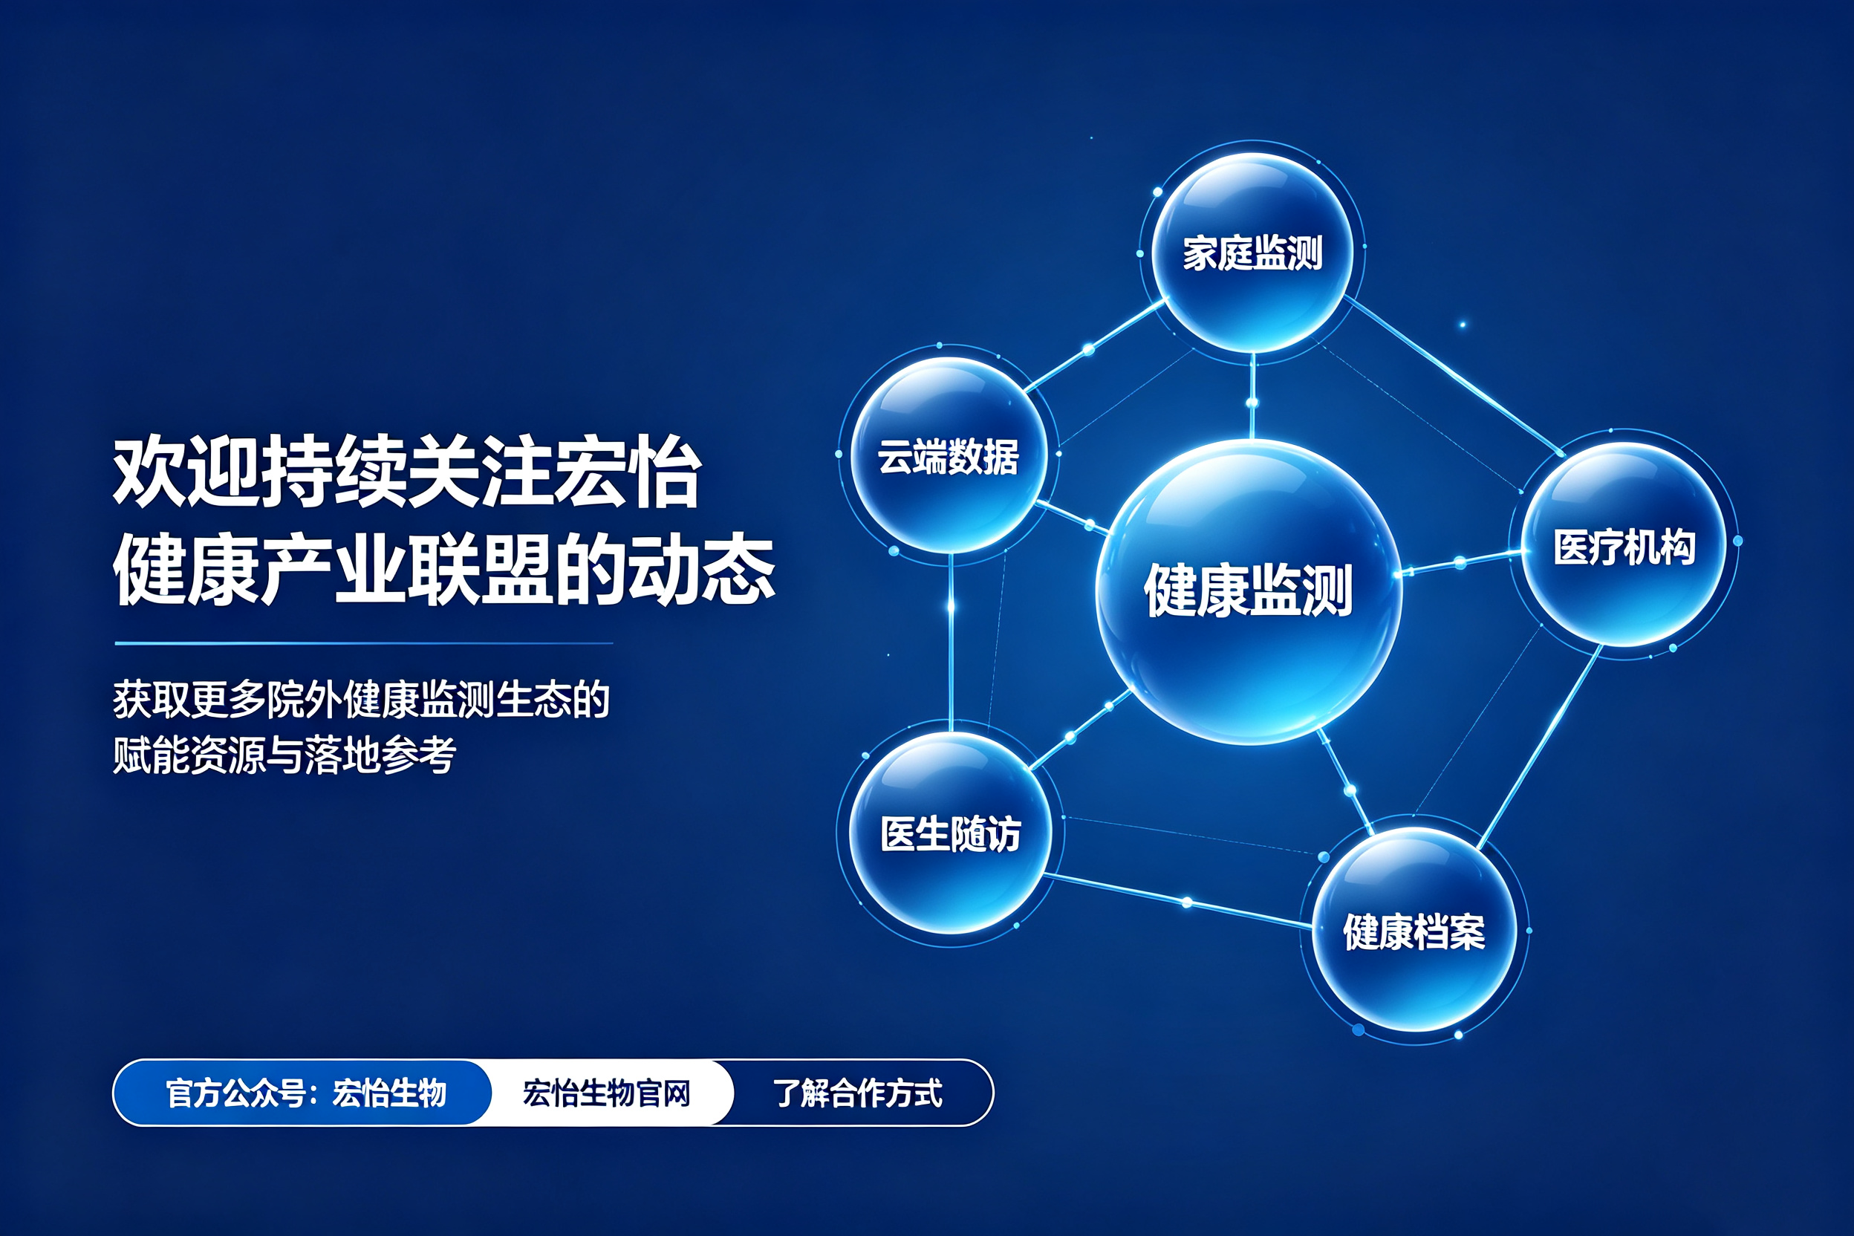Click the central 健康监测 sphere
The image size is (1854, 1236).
(1249, 591)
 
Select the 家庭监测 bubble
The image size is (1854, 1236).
(1252, 253)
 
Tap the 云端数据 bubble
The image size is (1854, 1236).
(949, 455)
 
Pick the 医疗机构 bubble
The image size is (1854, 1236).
(1624, 544)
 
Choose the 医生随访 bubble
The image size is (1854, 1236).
(951, 833)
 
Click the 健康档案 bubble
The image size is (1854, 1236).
(1414, 930)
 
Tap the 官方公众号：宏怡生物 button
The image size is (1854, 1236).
(303, 1093)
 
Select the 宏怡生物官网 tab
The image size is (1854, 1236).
(607, 1093)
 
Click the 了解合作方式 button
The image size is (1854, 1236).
(859, 1093)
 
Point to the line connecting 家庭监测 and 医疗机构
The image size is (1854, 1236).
(1454, 376)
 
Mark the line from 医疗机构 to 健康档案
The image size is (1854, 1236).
(1540, 747)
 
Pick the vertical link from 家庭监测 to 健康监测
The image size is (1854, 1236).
(1252, 396)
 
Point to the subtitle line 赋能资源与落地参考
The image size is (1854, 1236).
(284, 755)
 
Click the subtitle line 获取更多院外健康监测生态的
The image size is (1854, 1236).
(361, 699)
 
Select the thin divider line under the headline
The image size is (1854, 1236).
(363, 643)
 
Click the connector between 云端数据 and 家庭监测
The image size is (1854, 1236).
(1095, 345)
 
